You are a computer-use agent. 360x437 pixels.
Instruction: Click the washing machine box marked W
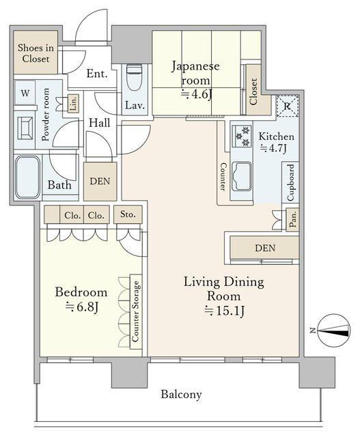pyautogui.click(x=25, y=93)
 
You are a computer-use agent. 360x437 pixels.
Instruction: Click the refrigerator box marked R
pyautogui.click(x=286, y=106)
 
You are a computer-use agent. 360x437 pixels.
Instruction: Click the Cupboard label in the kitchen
pyautogui.click(x=290, y=182)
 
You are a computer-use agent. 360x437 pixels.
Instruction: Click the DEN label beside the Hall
pyautogui.click(x=100, y=182)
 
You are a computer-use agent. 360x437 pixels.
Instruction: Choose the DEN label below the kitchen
pyautogui.click(x=265, y=248)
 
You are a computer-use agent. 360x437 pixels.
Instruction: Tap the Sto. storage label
pyautogui.click(x=128, y=214)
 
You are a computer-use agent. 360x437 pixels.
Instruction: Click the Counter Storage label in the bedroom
pyautogui.click(x=136, y=311)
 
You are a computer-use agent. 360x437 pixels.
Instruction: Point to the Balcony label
pyautogui.click(x=181, y=394)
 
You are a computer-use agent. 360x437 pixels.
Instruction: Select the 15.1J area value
pyautogui.click(x=223, y=311)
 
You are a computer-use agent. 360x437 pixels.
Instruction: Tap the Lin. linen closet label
pyautogui.click(x=73, y=103)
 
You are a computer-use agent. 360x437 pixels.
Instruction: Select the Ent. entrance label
pyautogui.click(x=97, y=74)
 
